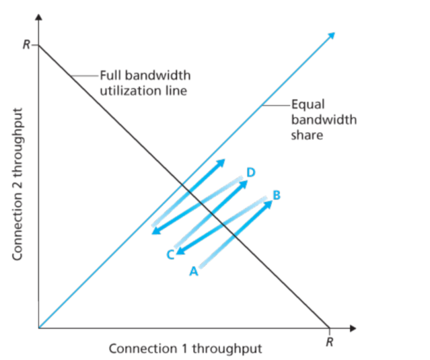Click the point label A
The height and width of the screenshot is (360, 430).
tap(193, 271)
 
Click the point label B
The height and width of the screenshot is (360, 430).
tap(276, 195)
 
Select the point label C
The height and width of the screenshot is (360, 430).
tap(170, 254)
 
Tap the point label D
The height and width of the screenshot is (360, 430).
tap(250, 173)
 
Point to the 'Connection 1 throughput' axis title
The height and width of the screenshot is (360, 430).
tap(185, 349)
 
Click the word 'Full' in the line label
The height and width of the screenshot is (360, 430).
tap(110, 75)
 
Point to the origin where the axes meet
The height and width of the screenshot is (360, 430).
tap(39, 328)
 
